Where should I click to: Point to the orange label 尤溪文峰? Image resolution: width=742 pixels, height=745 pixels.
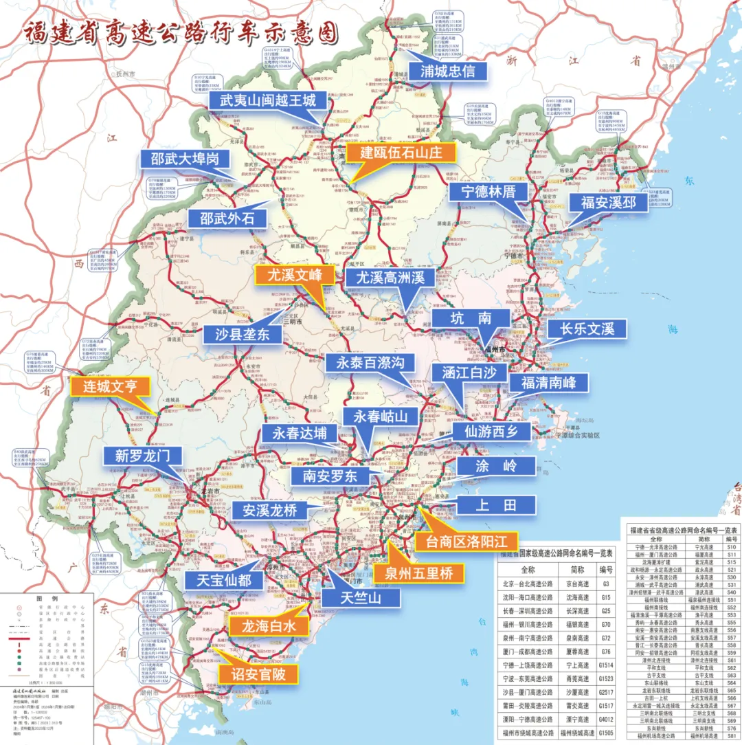tap(294, 276)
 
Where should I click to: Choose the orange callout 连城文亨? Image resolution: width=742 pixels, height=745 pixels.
tap(110, 386)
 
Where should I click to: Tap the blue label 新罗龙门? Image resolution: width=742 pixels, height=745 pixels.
tap(143, 456)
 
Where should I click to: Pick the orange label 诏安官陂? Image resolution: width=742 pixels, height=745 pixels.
tap(258, 673)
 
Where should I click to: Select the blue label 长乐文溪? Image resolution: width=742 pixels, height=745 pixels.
tap(587, 329)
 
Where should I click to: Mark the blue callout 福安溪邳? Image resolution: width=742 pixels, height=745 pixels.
tap(609, 203)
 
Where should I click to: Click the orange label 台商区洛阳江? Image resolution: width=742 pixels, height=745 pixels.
tap(466, 540)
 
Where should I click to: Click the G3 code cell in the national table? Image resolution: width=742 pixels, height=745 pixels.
tap(605, 584)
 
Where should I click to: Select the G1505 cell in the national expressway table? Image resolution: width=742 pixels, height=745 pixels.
tap(605, 733)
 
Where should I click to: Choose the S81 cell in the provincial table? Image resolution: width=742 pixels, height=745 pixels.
tap(731, 736)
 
